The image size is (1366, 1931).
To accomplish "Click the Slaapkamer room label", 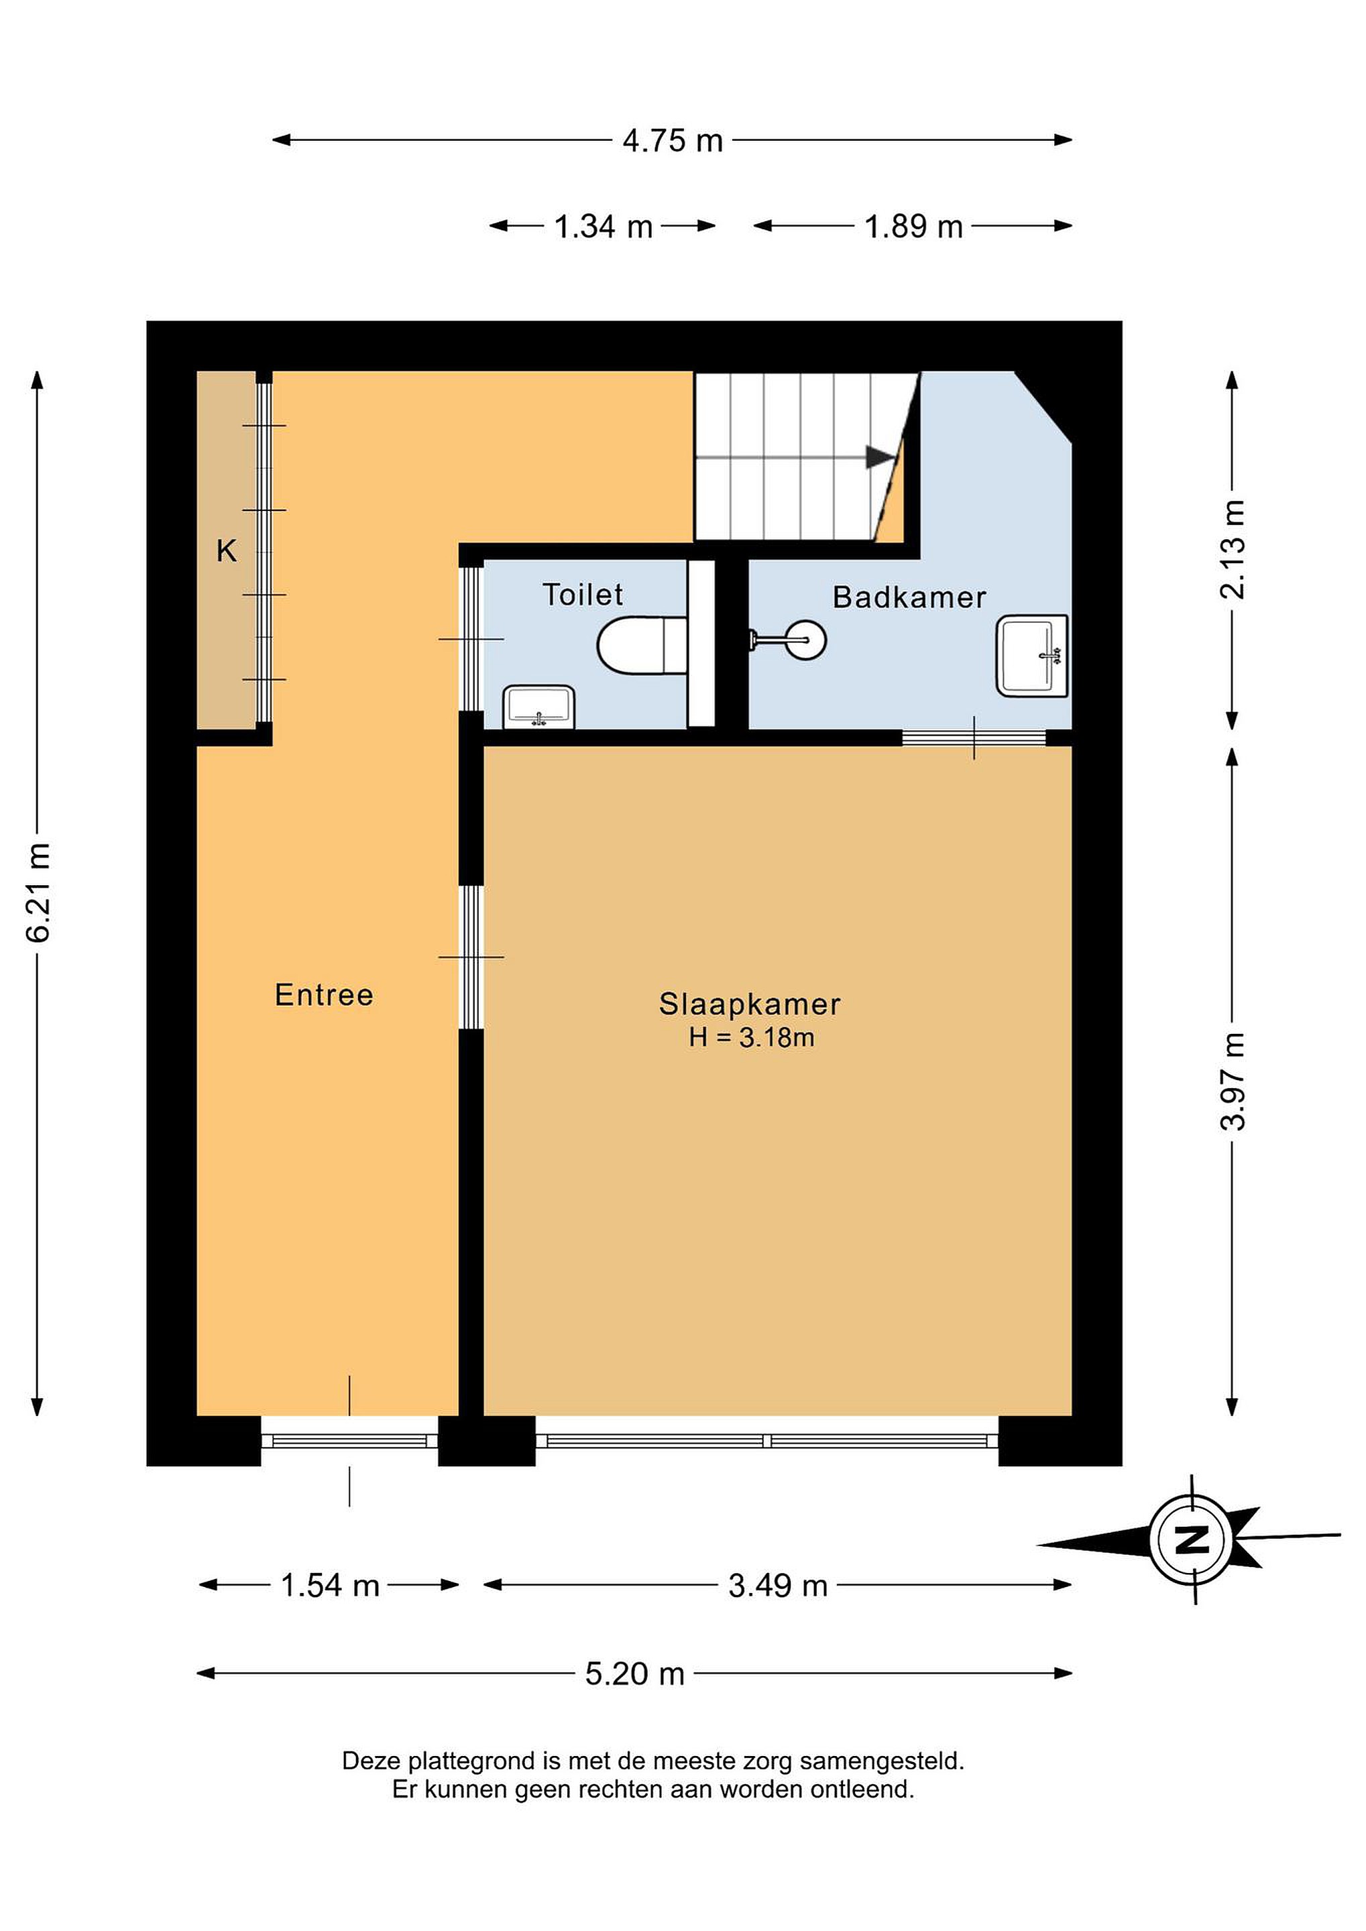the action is pyautogui.click(x=750, y=1004).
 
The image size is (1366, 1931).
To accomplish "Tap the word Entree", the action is pyautogui.click(x=324, y=995).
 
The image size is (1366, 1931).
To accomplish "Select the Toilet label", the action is pyautogui.click(x=582, y=595).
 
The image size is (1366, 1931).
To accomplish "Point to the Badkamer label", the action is pyautogui.click(x=909, y=597).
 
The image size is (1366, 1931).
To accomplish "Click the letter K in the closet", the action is pyautogui.click(x=226, y=551).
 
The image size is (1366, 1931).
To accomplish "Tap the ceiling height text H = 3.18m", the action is pyautogui.click(x=751, y=1038).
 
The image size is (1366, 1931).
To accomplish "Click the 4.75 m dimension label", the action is pyautogui.click(x=673, y=140).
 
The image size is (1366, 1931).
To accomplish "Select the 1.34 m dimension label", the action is pyautogui.click(x=603, y=226).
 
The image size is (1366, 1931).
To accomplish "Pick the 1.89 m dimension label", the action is pyautogui.click(x=913, y=226).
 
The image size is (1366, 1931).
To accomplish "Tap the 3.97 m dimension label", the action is pyautogui.click(x=1233, y=1081).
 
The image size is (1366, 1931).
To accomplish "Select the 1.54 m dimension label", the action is pyautogui.click(x=330, y=1585).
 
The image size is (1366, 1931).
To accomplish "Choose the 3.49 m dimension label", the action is pyautogui.click(x=778, y=1585).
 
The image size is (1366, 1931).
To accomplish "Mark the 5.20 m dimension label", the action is pyautogui.click(x=635, y=1674).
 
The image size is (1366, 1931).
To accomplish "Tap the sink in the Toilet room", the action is pyautogui.click(x=539, y=707).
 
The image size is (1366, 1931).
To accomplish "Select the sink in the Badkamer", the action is pyautogui.click(x=1033, y=656).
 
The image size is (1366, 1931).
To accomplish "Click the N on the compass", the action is pyautogui.click(x=1191, y=1539).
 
